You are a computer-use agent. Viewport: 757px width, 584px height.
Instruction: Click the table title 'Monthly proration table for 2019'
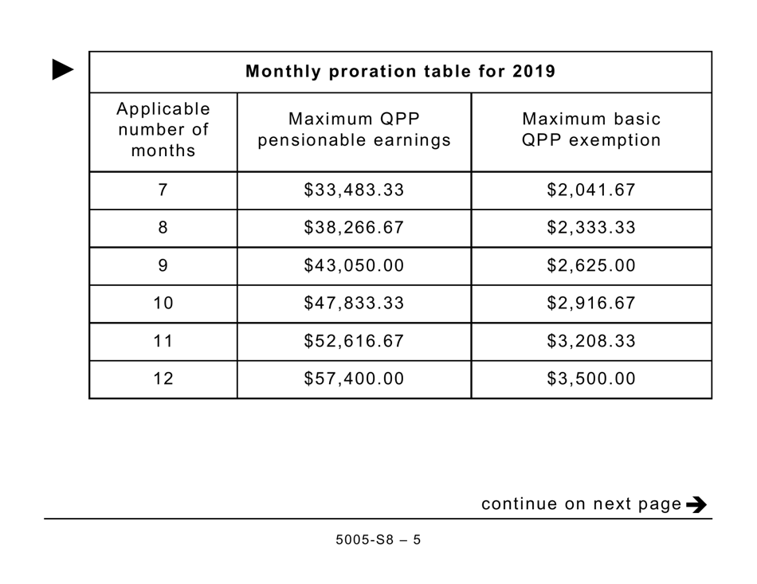pos(400,72)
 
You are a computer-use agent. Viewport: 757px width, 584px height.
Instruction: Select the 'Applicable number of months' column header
pos(163,130)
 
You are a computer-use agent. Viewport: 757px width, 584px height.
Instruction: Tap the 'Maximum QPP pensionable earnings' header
pos(354,130)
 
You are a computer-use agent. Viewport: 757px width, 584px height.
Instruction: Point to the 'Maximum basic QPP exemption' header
pos(591,130)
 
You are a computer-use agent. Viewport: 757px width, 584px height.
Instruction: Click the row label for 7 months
pos(163,190)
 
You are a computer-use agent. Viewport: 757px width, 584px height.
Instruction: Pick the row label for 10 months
pos(163,304)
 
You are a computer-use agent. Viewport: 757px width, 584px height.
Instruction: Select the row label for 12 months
pos(163,379)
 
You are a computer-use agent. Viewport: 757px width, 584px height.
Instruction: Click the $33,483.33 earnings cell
pos(354,190)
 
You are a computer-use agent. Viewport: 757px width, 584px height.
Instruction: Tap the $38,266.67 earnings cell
pos(354,228)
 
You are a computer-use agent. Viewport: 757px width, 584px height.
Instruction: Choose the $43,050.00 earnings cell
pos(354,266)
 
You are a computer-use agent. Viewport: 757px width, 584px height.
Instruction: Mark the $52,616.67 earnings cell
pos(354,342)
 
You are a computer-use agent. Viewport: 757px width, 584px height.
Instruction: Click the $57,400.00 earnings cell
pos(354,379)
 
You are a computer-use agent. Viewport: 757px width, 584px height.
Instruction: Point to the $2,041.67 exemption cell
pos(591,190)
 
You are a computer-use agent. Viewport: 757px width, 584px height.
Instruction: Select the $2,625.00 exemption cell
pos(591,266)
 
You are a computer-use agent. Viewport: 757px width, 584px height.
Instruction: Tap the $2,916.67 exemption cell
pos(591,304)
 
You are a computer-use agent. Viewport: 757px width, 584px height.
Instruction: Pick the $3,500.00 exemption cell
pos(591,379)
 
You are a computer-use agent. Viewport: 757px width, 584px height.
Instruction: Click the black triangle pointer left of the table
pos(63,70)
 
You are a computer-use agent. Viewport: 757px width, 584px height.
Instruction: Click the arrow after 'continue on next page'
pos(696,504)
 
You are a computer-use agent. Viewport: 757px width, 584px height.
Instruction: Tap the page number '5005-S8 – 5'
pos(378,540)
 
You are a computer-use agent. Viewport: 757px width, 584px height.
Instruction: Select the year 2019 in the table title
pos(534,72)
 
